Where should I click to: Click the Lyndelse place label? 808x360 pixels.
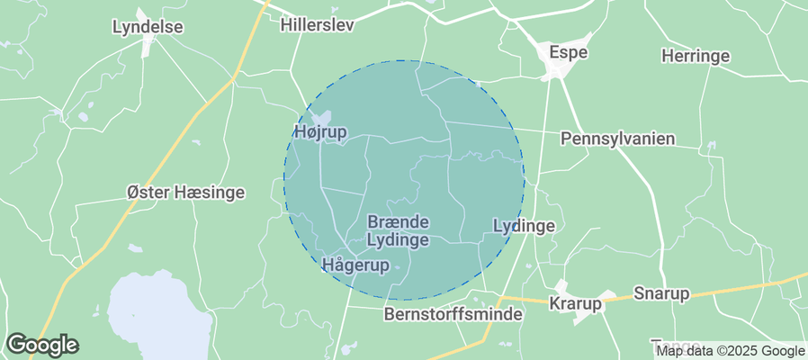click(148, 27)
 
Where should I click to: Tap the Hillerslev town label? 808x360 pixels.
click(317, 25)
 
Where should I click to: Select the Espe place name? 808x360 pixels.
click(569, 53)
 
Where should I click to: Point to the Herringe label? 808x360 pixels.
click(696, 56)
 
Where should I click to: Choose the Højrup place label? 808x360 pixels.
click(320, 132)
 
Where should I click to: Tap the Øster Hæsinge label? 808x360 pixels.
click(186, 193)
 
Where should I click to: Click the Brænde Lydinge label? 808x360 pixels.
click(398, 230)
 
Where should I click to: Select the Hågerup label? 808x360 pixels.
click(355, 265)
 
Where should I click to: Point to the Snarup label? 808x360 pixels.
click(661, 294)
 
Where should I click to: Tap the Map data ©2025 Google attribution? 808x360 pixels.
click(730, 351)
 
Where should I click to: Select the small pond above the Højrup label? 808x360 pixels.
click(321, 117)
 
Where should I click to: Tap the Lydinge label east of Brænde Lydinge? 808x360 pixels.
click(525, 227)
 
